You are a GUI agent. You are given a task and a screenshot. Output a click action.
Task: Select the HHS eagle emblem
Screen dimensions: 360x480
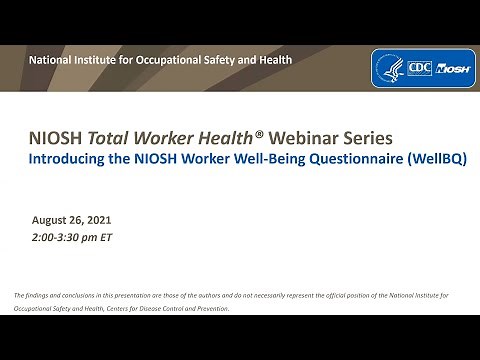coord(390,69)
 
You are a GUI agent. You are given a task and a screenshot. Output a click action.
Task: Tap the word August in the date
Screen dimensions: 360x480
coord(53,217)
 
